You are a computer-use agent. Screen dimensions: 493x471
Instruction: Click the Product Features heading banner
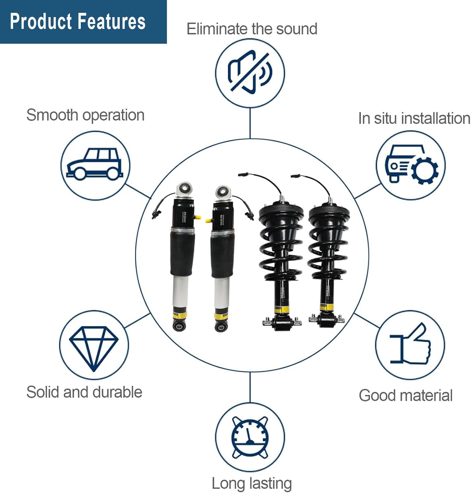click(78, 22)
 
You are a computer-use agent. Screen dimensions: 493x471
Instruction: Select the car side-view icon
click(95, 165)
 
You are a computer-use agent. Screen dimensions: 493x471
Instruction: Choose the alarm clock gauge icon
click(250, 437)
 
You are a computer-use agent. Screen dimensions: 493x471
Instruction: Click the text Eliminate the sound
click(252, 29)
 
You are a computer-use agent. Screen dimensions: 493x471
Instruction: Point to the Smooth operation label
click(85, 115)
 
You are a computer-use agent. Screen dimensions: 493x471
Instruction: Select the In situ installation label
click(414, 118)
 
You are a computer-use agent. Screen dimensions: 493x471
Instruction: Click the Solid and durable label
click(84, 392)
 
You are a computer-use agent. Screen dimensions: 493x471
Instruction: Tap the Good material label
click(406, 395)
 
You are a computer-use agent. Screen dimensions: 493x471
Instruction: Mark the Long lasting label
click(252, 483)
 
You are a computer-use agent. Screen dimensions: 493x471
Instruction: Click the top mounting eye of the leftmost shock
click(184, 189)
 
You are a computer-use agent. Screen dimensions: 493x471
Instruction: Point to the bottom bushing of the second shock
click(221, 327)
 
